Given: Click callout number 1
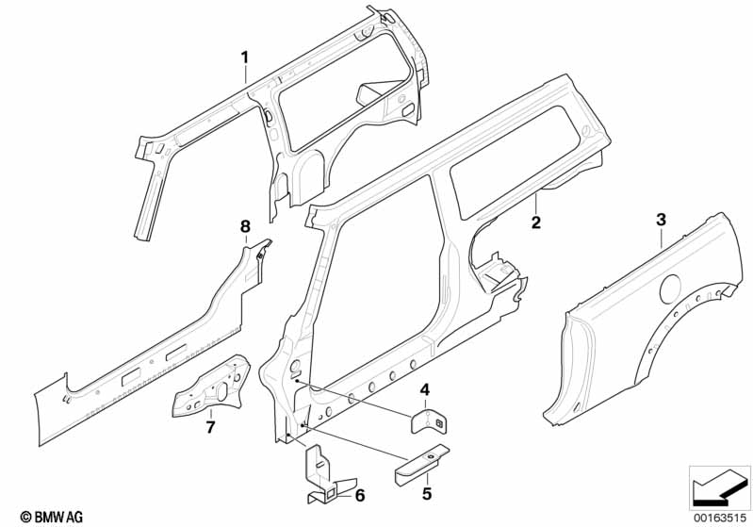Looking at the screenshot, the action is click(x=244, y=58).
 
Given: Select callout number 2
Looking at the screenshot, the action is click(x=535, y=222).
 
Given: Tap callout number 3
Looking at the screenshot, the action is click(x=661, y=220).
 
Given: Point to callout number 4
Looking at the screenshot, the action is click(x=425, y=389).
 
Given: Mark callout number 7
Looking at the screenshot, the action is click(x=211, y=427).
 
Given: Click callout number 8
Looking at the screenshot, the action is click(x=245, y=226).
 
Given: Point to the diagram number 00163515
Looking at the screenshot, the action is click(x=719, y=515).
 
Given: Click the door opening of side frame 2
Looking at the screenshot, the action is click(x=386, y=283).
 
